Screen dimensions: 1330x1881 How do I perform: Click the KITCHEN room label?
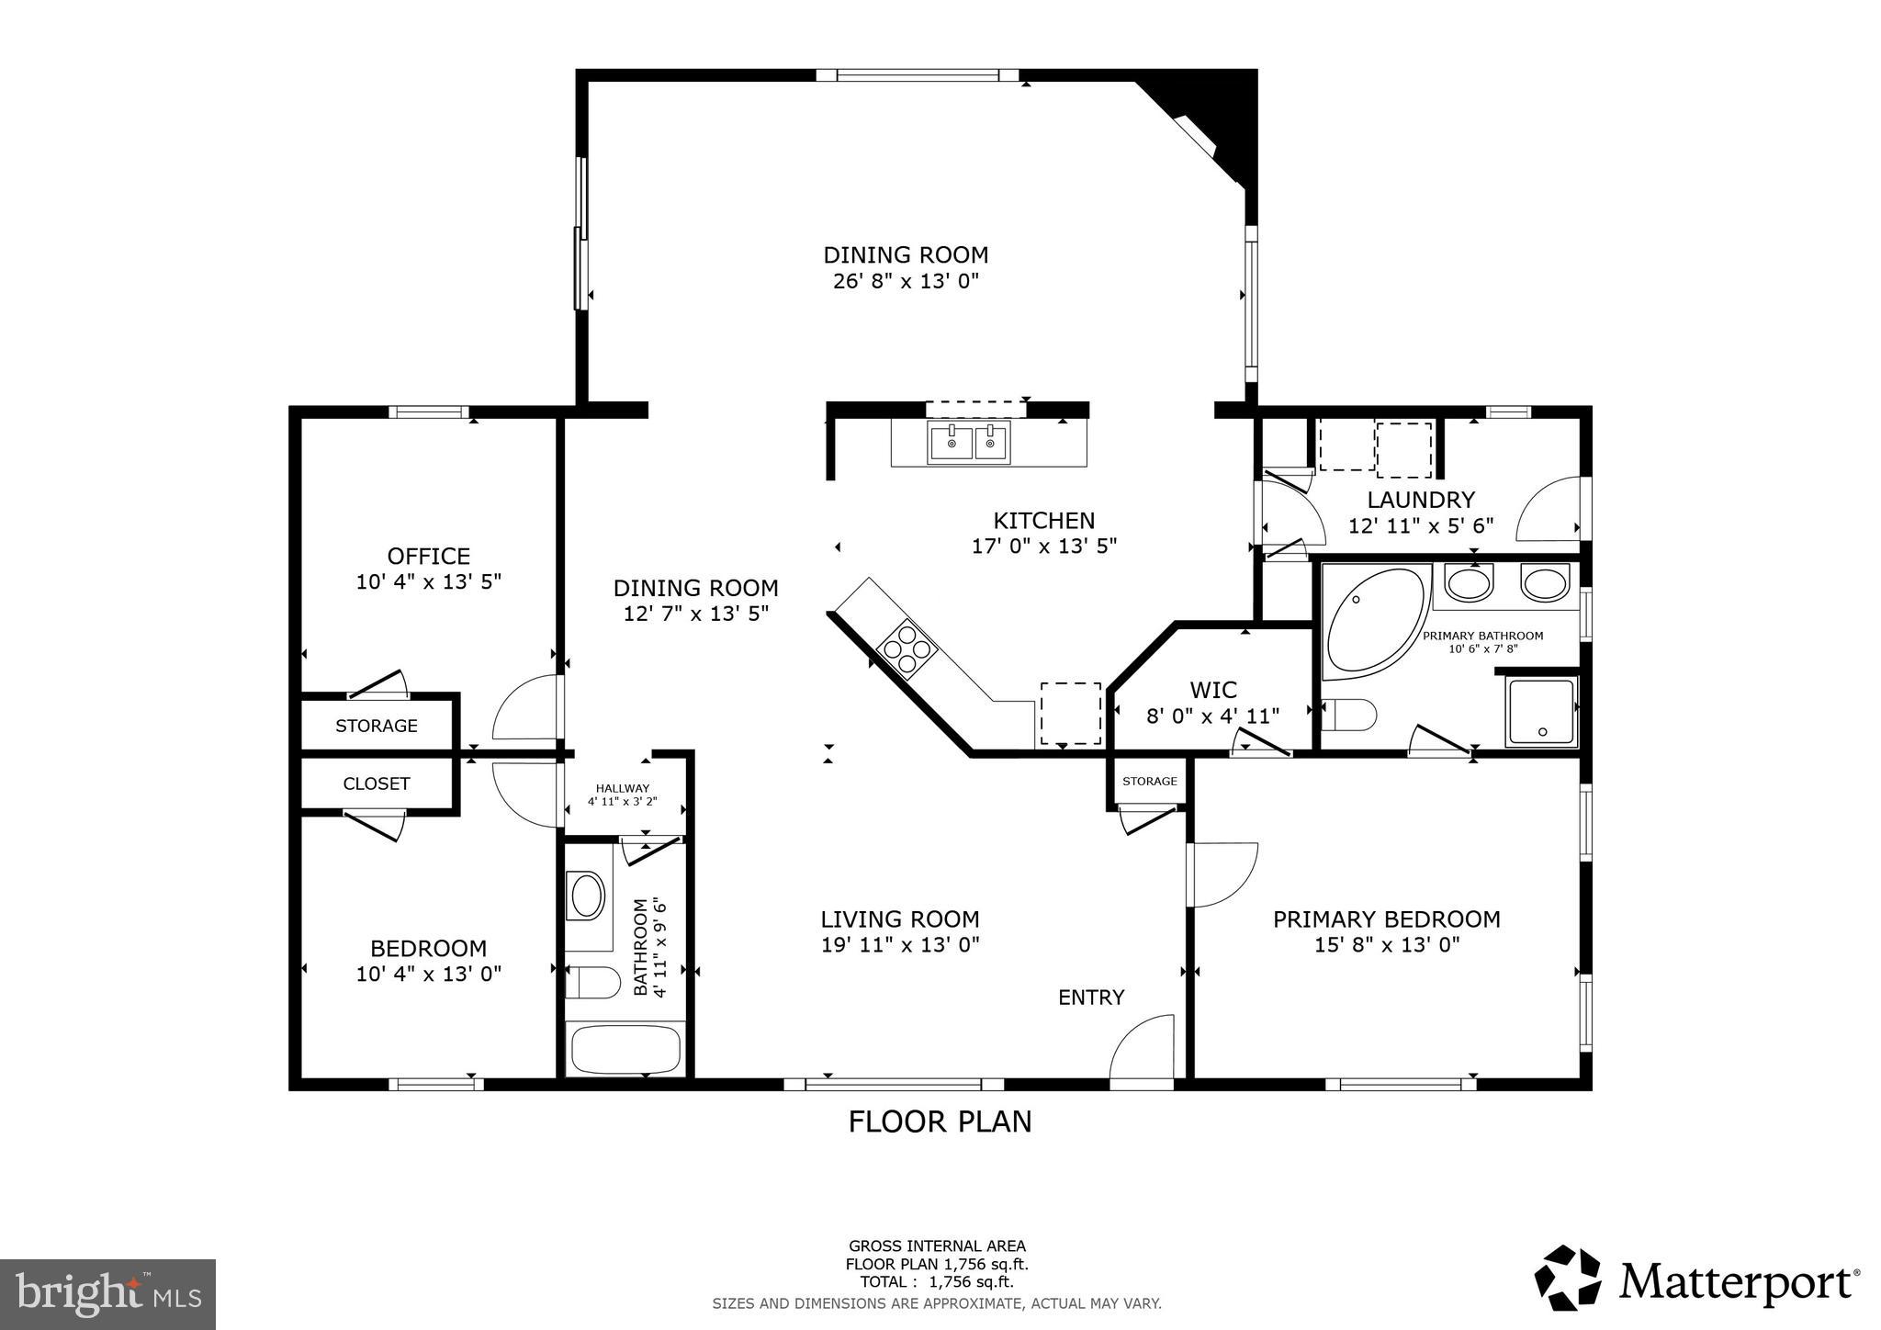(x=1043, y=521)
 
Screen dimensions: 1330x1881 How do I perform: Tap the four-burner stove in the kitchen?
(x=907, y=649)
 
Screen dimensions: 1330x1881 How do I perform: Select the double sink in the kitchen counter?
(x=967, y=445)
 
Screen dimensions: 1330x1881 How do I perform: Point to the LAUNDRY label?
(x=1420, y=500)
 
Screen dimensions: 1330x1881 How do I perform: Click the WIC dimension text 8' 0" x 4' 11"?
(x=1212, y=715)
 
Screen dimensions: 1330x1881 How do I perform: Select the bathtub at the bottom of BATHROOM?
(x=625, y=1049)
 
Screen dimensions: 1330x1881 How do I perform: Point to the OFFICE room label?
(x=428, y=556)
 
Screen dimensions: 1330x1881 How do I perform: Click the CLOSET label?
(x=376, y=783)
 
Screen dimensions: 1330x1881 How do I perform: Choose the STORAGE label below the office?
(x=376, y=726)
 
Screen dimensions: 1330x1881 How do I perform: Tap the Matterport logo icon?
(x=1567, y=1279)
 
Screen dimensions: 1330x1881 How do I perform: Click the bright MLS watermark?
(x=107, y=1295)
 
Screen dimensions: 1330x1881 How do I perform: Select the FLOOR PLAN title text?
(x=939, y=1121)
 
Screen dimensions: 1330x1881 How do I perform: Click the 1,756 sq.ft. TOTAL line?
(x=936, y=1282)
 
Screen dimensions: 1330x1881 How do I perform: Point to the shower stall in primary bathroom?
(x=1540, y=712)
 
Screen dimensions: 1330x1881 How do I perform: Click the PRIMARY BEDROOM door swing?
(x=1222, y=874)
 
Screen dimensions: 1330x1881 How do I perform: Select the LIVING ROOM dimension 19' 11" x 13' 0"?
(x=900, y=944)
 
